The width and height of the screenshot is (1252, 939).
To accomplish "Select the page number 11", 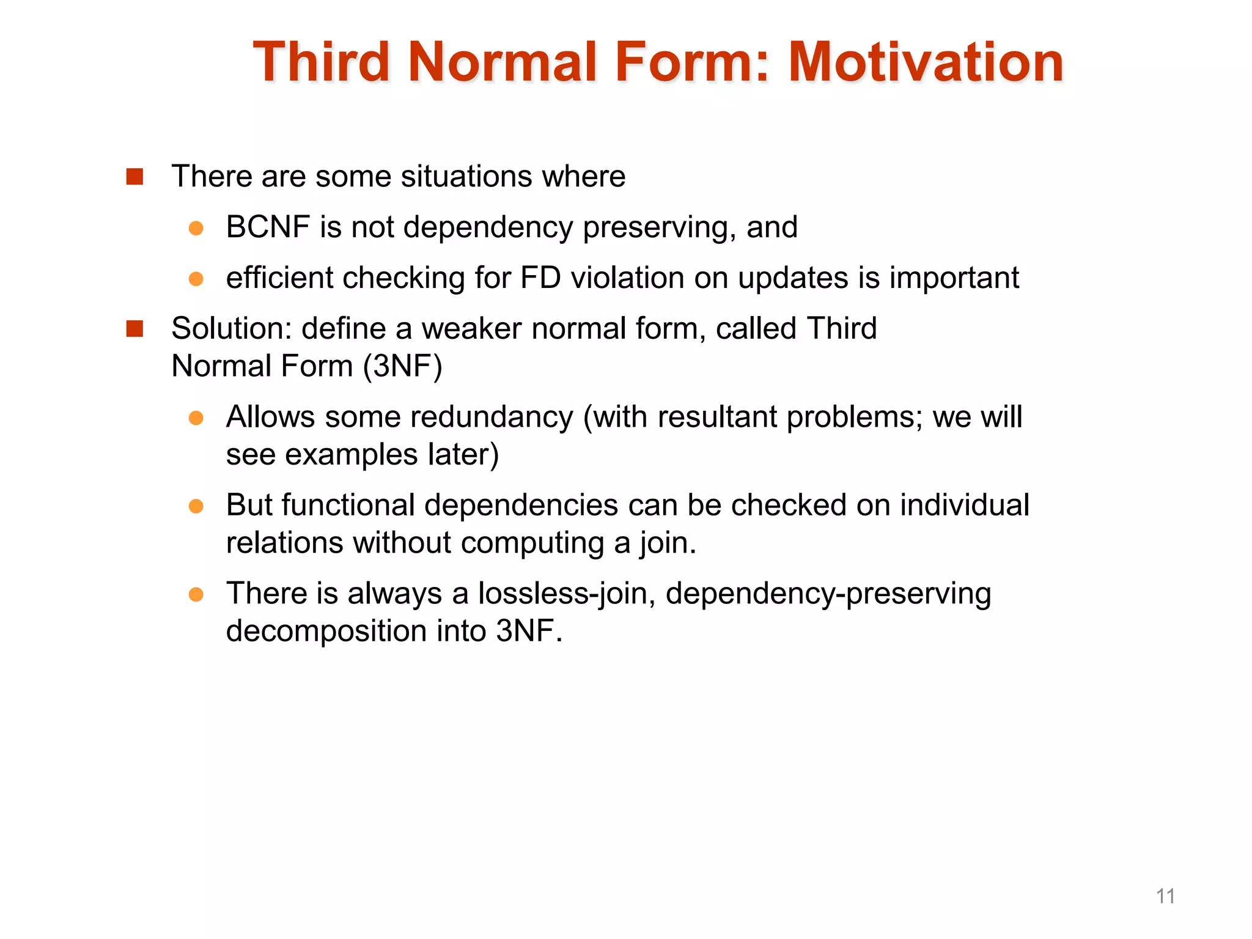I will (1165, 896).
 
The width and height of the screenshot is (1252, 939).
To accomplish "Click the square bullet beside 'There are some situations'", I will (134, 177).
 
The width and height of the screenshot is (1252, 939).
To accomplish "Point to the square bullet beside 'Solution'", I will (134, 329).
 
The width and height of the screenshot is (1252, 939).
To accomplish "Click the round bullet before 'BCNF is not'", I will (196, 229).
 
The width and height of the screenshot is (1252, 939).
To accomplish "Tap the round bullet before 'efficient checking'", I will (196, 279).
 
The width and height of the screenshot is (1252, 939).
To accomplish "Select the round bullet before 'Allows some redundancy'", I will (196, 418).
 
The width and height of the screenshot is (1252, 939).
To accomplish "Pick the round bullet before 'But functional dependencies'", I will (196, 506).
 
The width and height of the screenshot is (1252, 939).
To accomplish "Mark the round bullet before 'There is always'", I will (196, 594).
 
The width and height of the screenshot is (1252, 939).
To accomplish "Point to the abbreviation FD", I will (540, 278).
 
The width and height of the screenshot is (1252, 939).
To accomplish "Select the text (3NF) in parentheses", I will (402, 367).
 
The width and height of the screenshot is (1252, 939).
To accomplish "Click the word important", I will (954, 278).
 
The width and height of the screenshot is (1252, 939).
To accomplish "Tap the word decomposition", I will (326, 632).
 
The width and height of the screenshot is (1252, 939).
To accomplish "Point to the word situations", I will (466, 177).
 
